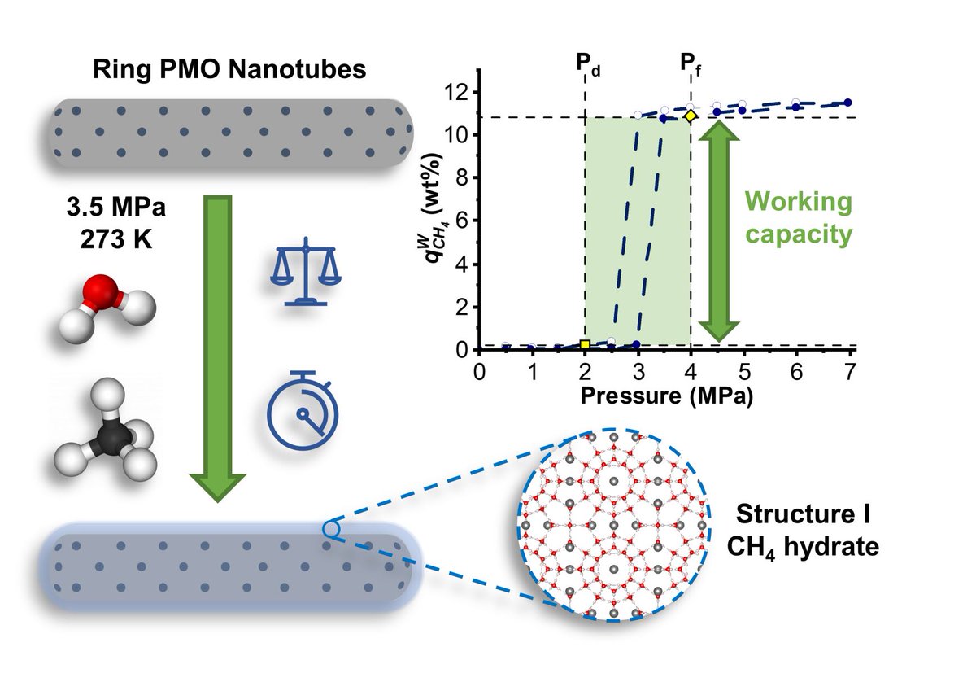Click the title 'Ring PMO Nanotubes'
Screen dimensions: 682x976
[x=229, y=69]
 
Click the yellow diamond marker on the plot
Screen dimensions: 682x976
[x=691, y=116]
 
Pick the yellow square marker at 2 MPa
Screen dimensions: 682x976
[x=585, y=345]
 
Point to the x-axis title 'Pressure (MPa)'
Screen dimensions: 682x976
[x=665, y=398]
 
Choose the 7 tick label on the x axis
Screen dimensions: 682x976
[x=849, y=371]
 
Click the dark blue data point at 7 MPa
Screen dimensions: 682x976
[x=848, y=103]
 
